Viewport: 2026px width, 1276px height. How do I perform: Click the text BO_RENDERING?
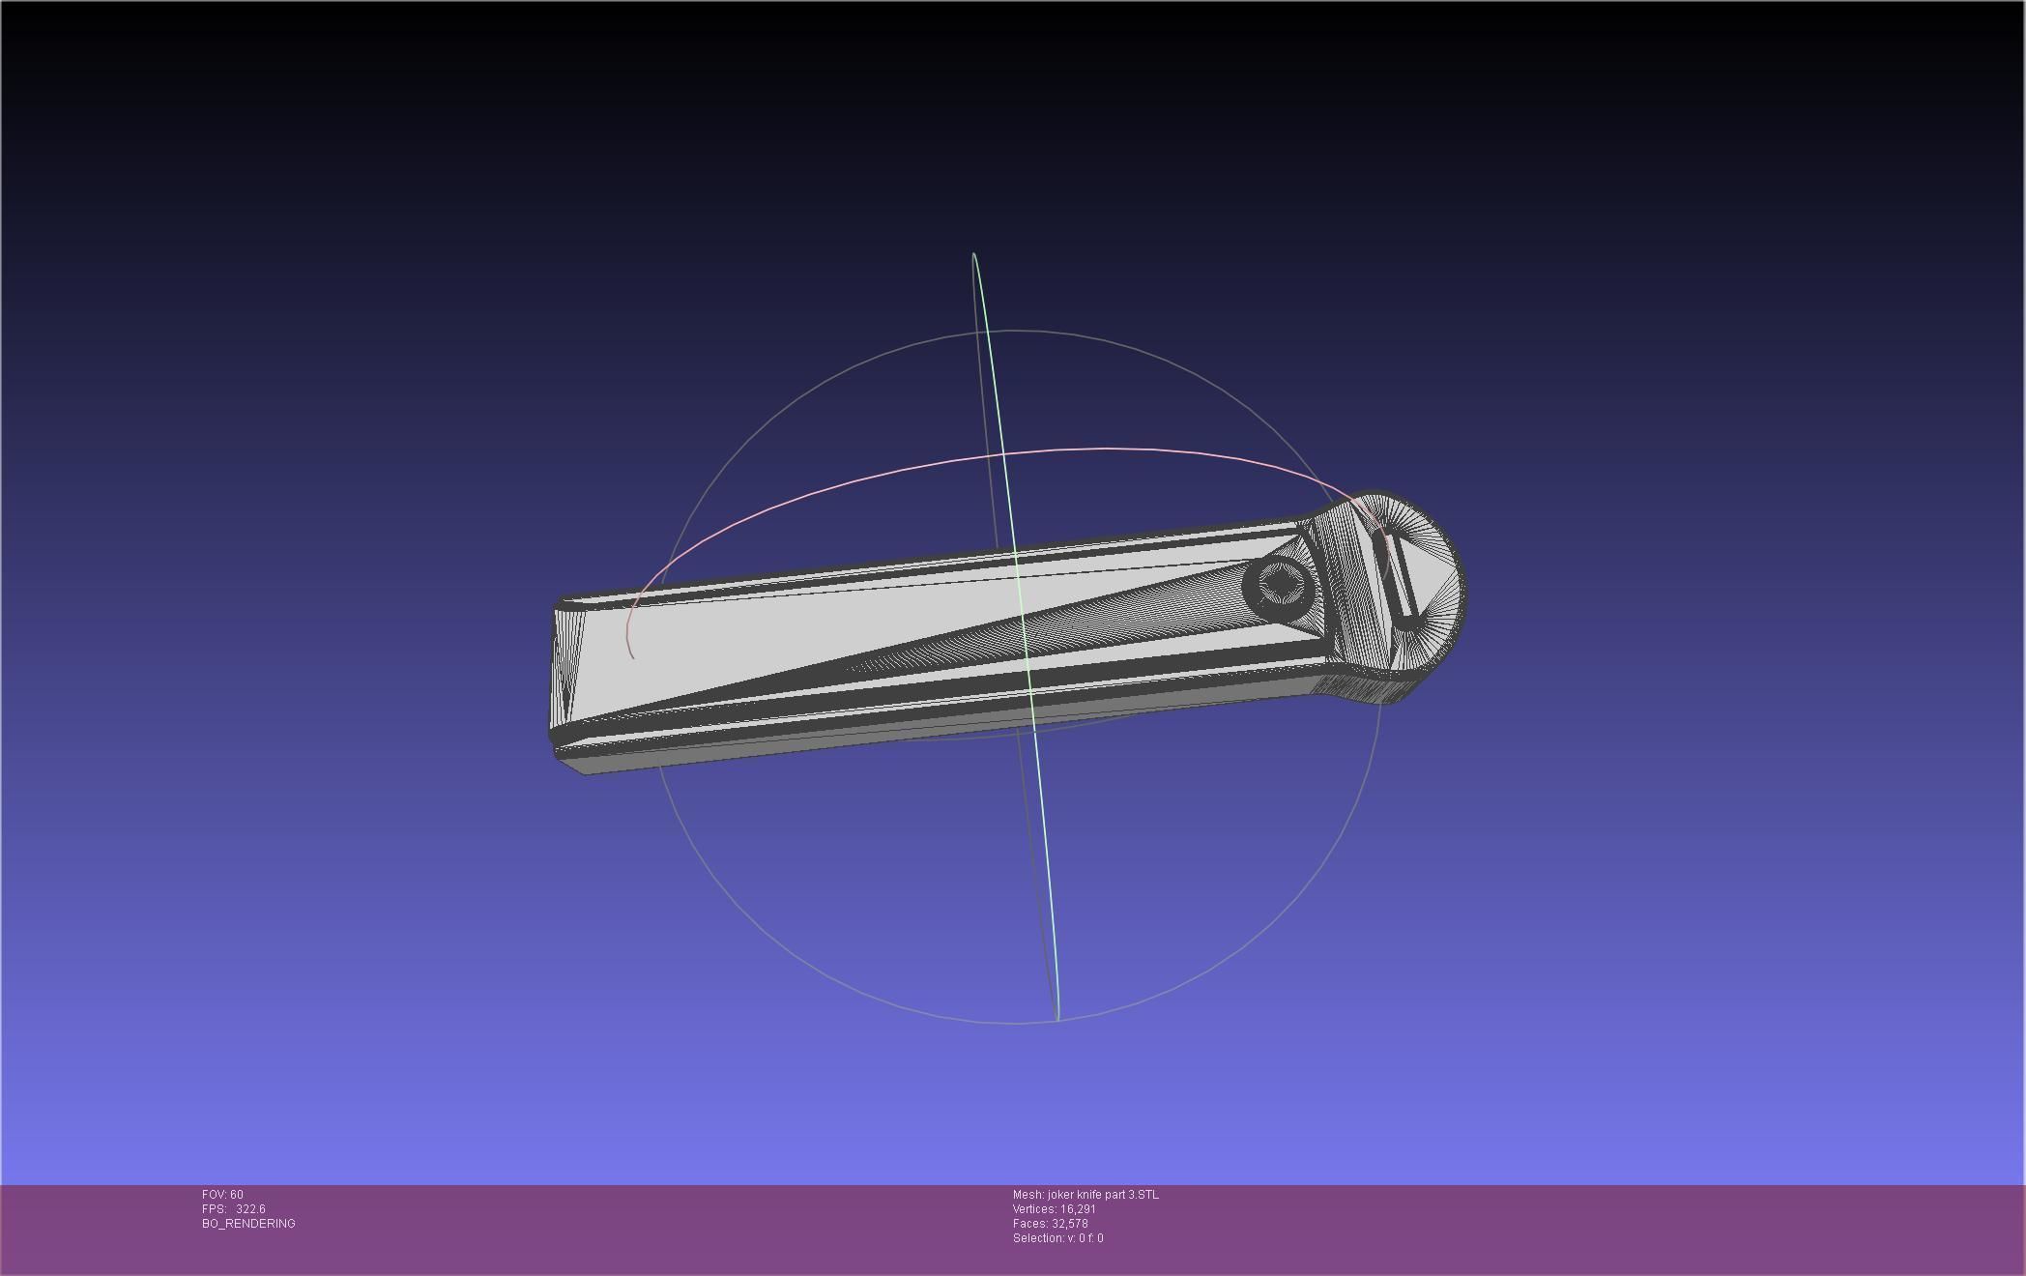(x=248, y=1224)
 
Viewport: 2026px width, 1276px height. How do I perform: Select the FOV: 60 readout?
(x=222, y=1195)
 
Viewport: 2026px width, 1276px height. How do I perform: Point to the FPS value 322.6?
(x=250, y=1209)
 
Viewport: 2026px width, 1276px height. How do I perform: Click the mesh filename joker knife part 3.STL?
(x=1102, y=1195)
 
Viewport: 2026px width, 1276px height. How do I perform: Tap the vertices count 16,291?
(x=1078, y=1209)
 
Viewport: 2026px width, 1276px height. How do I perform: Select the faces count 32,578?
(x=1069, y=1224)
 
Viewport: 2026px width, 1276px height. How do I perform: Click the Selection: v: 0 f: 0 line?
(x=1057, y=1238)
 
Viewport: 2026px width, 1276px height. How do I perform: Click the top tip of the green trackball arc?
(x=974, y=254)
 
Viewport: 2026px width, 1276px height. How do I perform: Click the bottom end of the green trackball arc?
(x=1057, y=1018)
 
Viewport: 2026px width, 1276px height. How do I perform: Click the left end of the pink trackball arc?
(x=632, y=657)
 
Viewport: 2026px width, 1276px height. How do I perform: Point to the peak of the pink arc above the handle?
(x=1102, y=449)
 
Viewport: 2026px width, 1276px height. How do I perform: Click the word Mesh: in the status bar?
(x=1027, y=1195)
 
